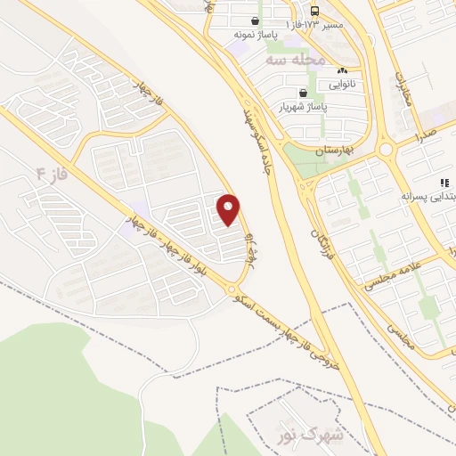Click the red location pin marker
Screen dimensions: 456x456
coord(229,208)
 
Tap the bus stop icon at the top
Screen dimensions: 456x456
coord(315,11)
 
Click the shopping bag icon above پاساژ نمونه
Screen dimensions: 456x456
coord(256,20)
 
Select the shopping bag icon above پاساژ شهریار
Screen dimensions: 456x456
coord(304,92)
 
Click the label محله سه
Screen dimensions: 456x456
coord(291,60)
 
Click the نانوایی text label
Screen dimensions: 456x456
coord(345,85)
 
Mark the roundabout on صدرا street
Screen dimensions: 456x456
coord(386,150)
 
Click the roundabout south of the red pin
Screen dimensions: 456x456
coord(232,289)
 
